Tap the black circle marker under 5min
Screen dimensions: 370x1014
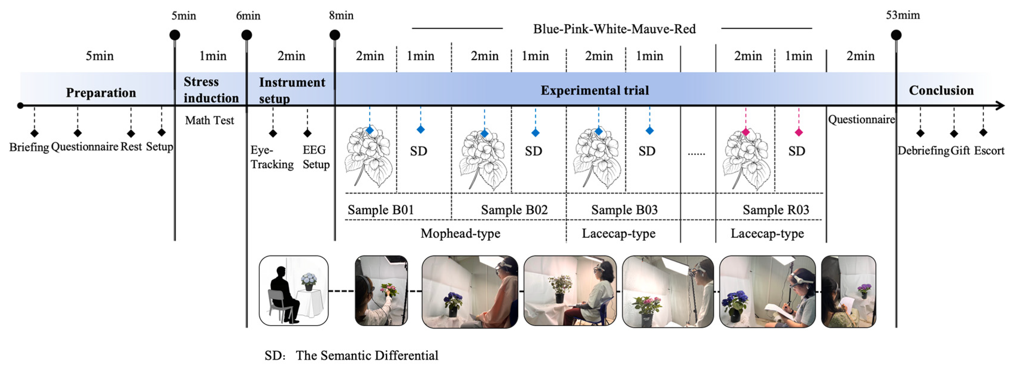point(175,35)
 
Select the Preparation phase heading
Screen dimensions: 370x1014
point(101,93)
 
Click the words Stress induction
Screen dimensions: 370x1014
point(211,90)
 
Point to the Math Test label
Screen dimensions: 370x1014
point(209,120)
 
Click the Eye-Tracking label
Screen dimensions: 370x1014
point(272,157)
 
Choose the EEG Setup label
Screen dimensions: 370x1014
point(316,157)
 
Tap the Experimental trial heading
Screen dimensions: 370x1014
point(594,91)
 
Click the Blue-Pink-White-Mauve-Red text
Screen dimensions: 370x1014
point(614,29)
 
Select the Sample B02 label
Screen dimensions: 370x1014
point(514,210)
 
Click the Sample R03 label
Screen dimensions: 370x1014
point(775,210)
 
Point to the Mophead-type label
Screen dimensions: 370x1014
point(460,234)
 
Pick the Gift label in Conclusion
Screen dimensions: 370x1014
point(960,151)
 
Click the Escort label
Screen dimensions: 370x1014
point(989,151)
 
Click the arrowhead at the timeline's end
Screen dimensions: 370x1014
point(1000,106)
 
